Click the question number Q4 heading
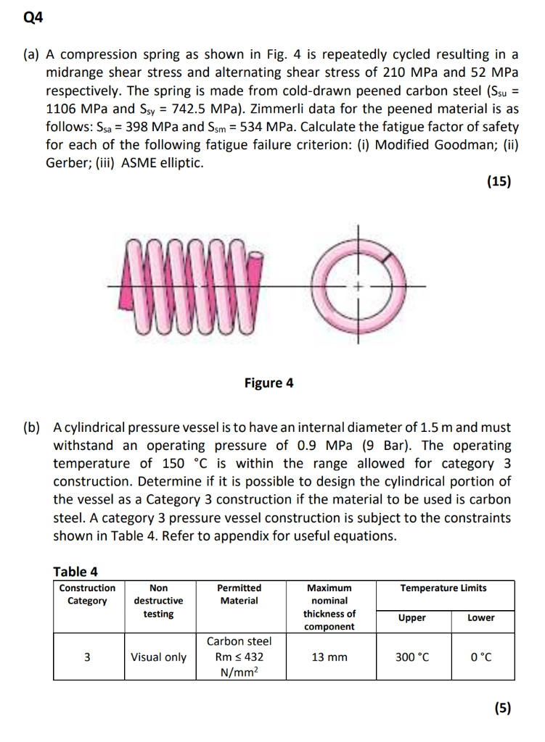(33, 20)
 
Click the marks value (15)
(499, 182)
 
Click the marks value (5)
(502, 708)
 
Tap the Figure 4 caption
(269, 383)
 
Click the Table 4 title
(75, 572)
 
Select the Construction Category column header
(87, 594)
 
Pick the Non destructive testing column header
(158, 601)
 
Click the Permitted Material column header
(239, 594)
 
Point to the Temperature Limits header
(443, 588)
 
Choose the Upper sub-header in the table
(412, 617)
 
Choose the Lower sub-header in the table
(480, 617)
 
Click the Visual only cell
(158, 657)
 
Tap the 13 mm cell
(329, 657)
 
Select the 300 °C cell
(412, 657)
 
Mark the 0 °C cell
(480, 657)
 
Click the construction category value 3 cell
(87, 657)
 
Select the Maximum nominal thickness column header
(329, 607)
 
